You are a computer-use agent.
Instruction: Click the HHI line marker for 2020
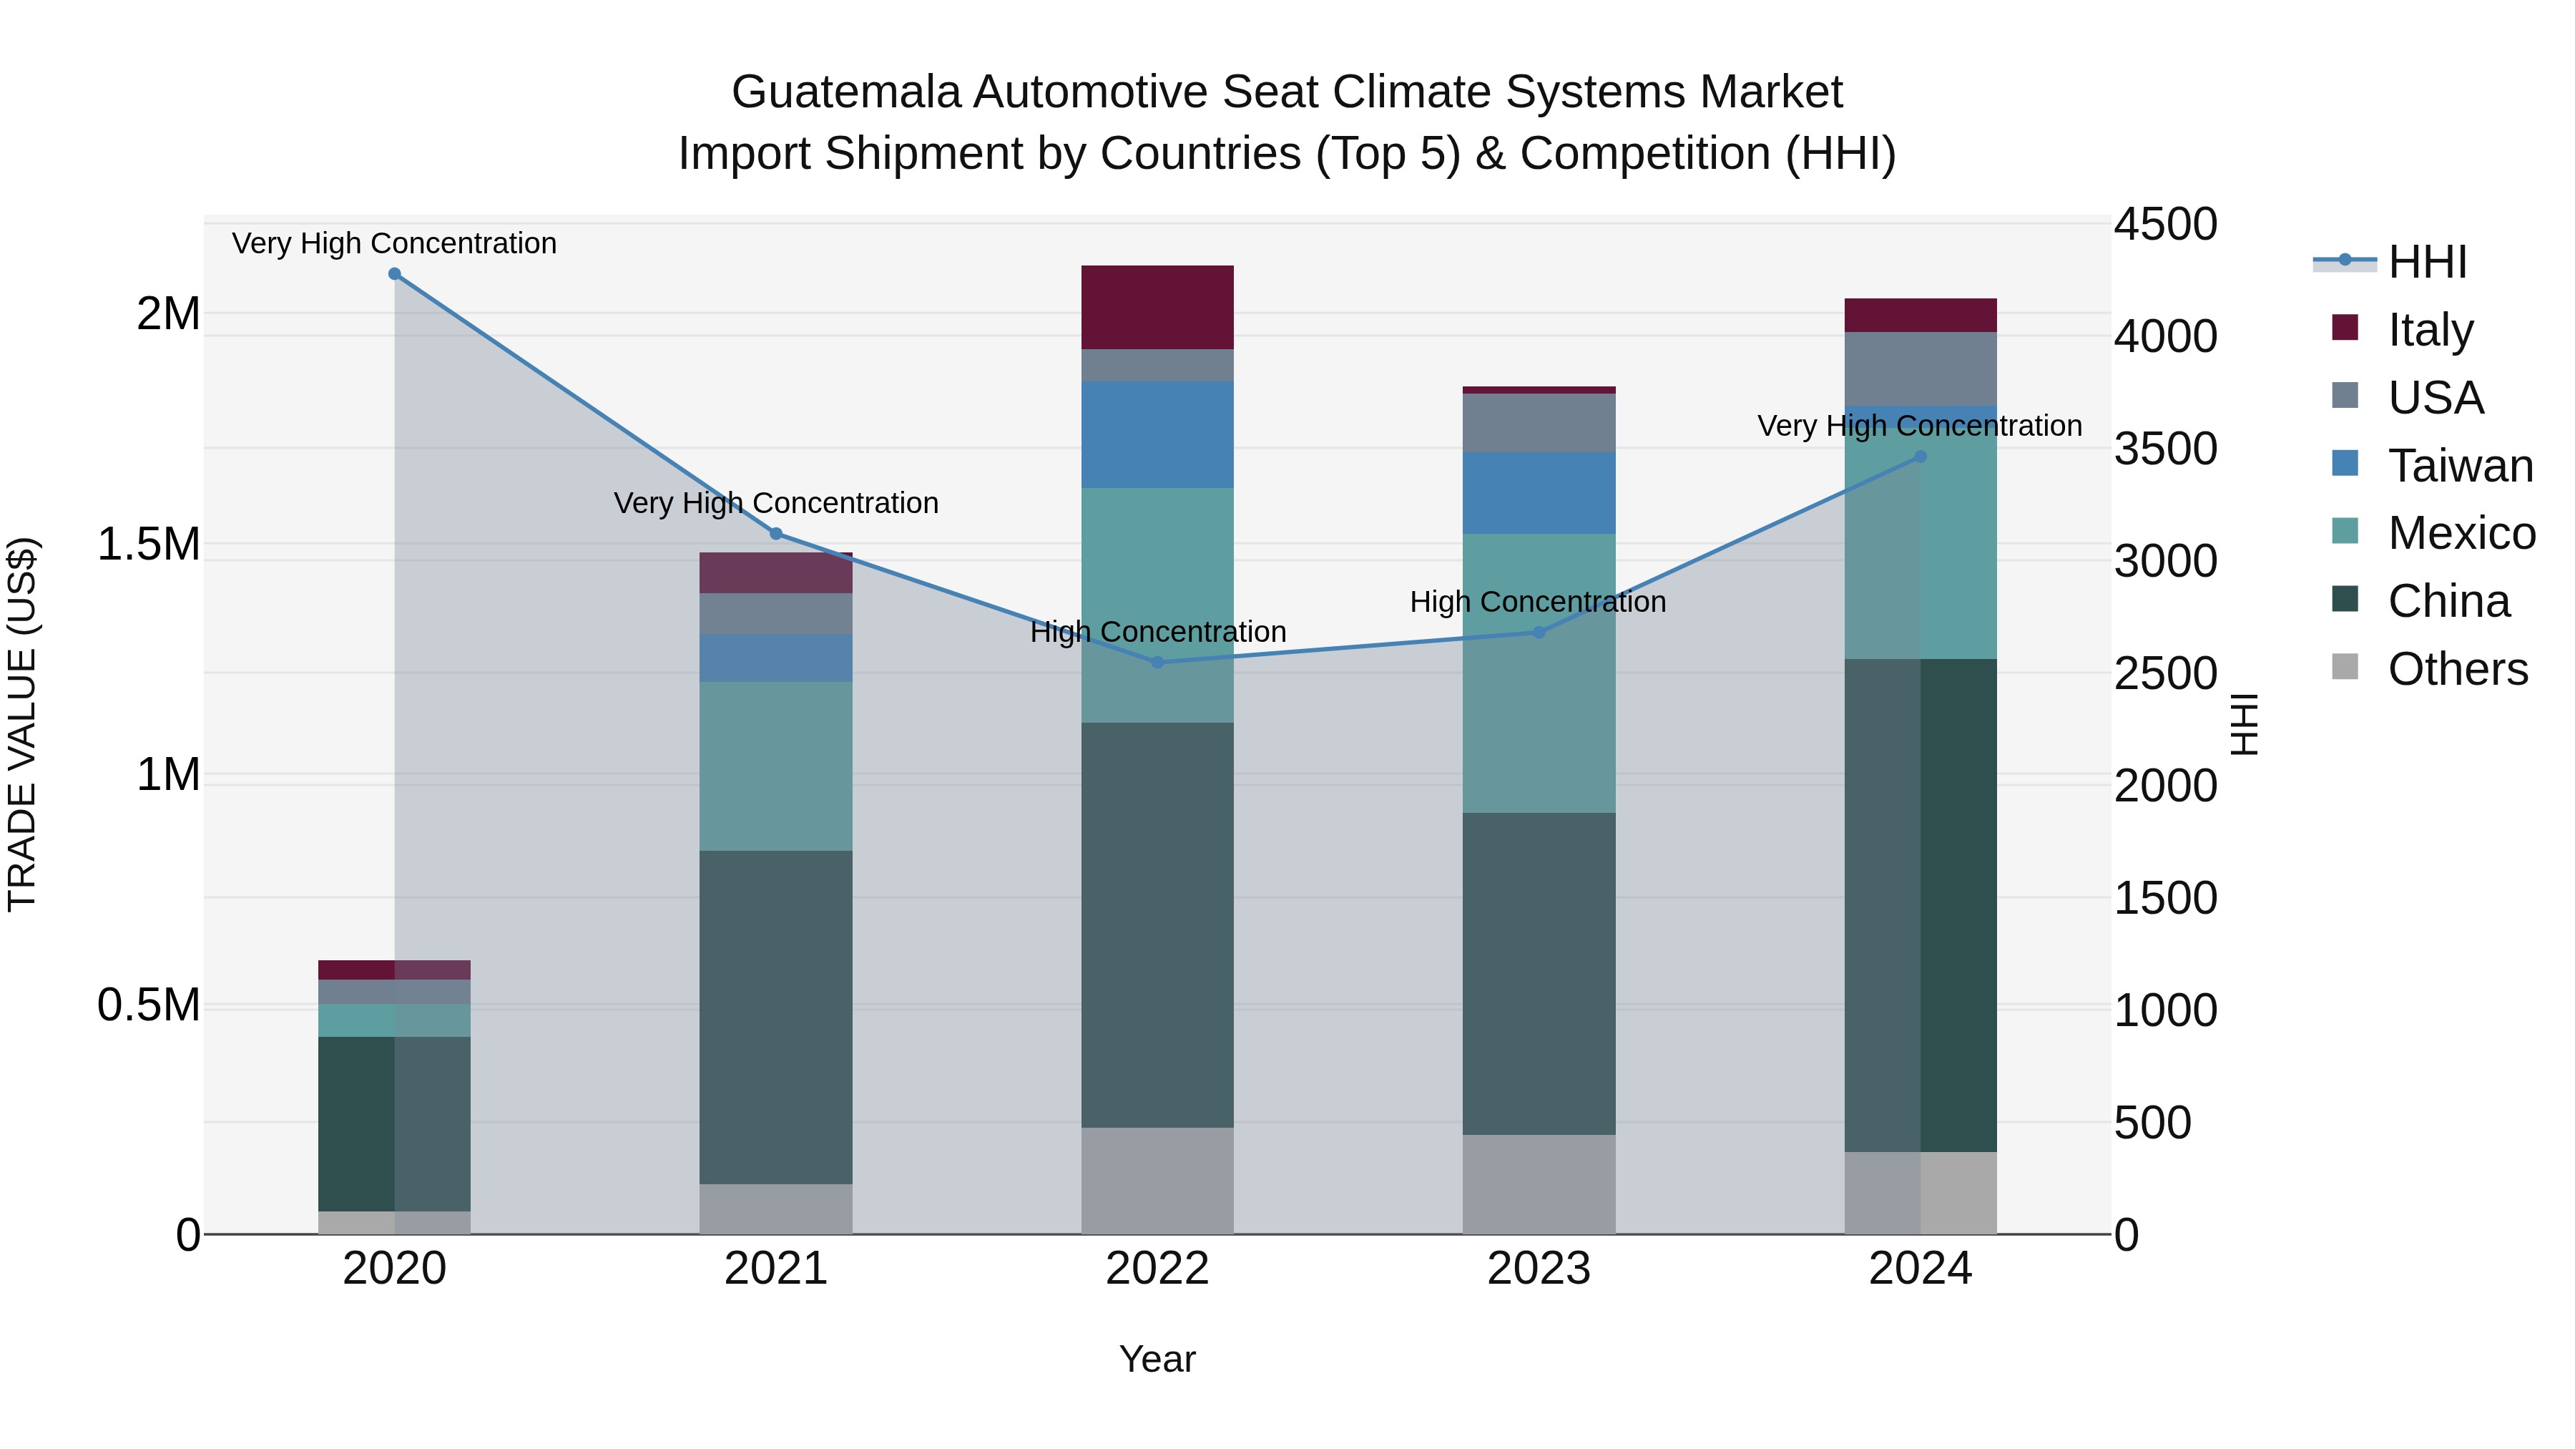[394, 274]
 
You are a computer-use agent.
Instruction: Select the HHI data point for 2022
[1157, 662]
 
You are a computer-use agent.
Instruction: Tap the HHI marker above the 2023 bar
[1539, 632]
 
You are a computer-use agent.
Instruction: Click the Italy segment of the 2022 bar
[1157, 307]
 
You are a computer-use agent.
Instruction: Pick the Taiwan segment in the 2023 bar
[1539, 493]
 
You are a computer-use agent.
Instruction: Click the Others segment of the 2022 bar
[1157, 1180]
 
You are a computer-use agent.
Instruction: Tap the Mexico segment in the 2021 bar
[775, 766]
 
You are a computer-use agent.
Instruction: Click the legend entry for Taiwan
[2460, 466]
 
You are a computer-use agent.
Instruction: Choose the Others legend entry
[2457, 669]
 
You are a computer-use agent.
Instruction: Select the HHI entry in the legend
[2427, 262]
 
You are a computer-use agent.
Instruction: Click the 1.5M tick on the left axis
[149, 545]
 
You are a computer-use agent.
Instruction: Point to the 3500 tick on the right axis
[2165, 449]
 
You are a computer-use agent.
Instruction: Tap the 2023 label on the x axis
[1539, 1269]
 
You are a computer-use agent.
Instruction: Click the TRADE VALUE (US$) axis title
[22, 724]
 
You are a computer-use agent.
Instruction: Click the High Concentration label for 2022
[1157, 632]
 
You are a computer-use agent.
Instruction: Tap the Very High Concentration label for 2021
[775, 503]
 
